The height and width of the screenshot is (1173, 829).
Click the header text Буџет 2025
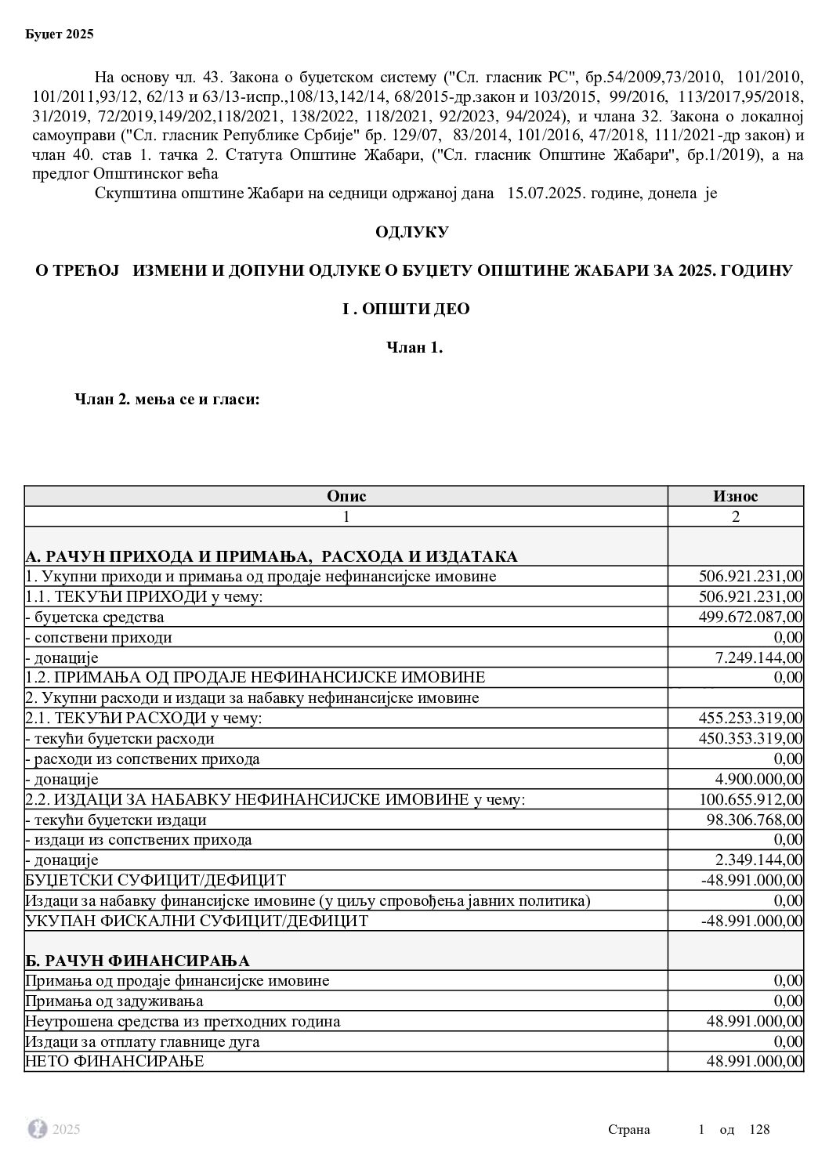coord(60,34)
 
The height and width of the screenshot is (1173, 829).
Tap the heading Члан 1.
coord(414,348)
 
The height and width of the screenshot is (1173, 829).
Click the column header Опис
coord(346,496)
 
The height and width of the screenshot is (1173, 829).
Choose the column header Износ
coord(735,496)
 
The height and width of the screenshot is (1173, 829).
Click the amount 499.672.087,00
coord(750,617)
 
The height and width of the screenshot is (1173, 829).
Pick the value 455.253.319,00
coord(750,718)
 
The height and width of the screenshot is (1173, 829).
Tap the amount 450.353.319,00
coord(750,738)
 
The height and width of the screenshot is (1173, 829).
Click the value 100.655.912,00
coord(750,799)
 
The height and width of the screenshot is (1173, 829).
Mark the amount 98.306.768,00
coord(753,820)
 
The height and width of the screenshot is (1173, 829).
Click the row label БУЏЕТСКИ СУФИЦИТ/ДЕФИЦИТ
coord(156,880)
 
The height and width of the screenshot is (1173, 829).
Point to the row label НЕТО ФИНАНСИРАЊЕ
coord(114,1062)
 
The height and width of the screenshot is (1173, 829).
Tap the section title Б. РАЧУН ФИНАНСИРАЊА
coord(138,961)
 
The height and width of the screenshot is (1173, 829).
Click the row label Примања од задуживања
coord(114,1001)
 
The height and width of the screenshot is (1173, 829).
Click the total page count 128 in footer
coord(760,1129)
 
